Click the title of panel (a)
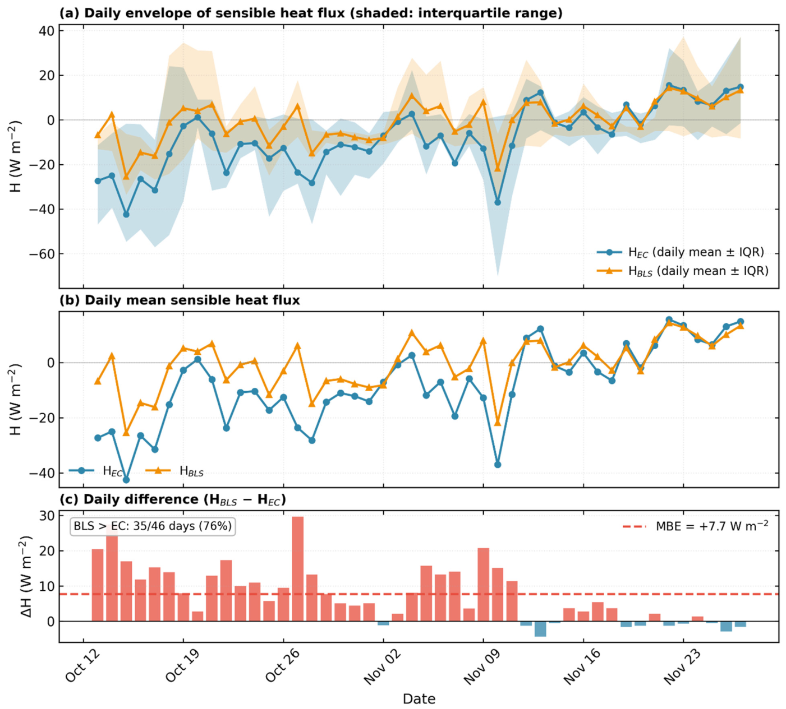coord(311,13)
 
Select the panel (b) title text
coord(180,300)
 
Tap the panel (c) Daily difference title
coord(173,500)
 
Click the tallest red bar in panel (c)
coord(298,569)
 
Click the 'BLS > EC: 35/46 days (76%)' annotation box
coord(153,526)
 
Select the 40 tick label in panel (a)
coord(46,30)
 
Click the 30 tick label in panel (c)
coord(46,516)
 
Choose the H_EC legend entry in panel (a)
coord(681,252)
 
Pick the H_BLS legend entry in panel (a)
coord(683,271)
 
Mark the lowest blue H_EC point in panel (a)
coord(498,202)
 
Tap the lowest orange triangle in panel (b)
coord(126,433)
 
